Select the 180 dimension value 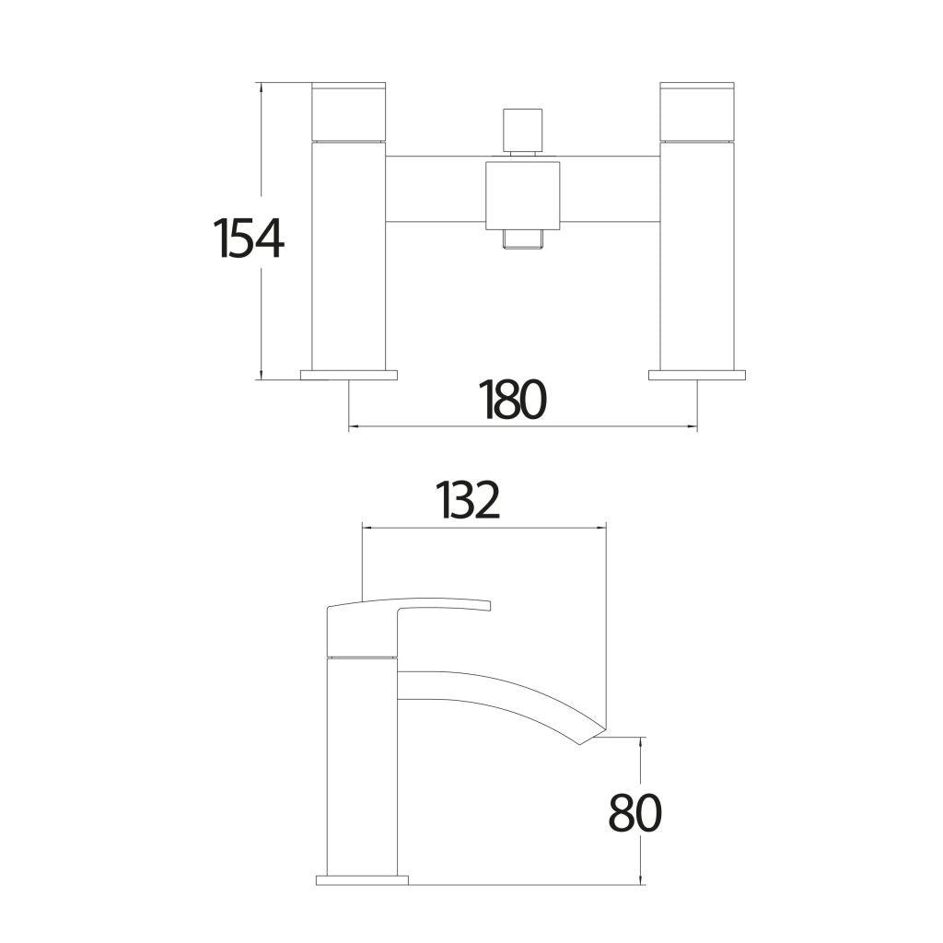click(513, 400)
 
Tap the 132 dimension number click(468, 501)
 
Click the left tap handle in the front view click(349, 111)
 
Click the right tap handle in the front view click(697, 111)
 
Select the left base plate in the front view click(349, 375)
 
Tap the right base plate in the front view click(697, 375)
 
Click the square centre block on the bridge click(522, 194)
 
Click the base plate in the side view click(362, 879)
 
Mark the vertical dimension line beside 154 click(262, 304)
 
